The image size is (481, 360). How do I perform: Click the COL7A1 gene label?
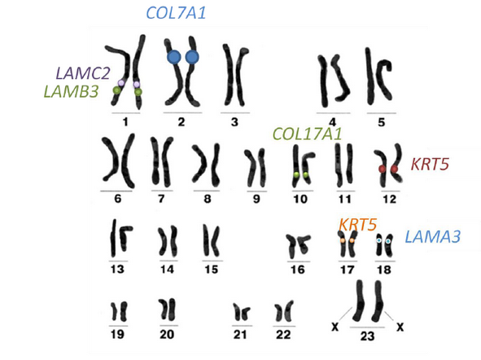(x=176, y=13)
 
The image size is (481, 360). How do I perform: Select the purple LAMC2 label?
(x=83, y=73)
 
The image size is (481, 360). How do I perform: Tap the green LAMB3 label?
(x=71, y=91)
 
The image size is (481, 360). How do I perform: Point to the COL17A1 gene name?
(x=307, y=134)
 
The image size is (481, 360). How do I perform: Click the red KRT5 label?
(x=430, y=165)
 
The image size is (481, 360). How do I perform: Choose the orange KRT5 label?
(x=358, y=225)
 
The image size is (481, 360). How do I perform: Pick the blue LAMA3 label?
(x=432, y=237)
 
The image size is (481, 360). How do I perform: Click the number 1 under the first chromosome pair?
(x=125, y=122)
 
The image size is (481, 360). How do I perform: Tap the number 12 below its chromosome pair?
(x=390, y=200)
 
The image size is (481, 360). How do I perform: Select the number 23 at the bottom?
(x=367, y=336)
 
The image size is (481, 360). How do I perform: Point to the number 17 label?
(x=348, y=270)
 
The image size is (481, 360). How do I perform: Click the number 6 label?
(x=118, y=199)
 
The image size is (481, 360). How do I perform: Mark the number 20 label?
(x=167, y=334)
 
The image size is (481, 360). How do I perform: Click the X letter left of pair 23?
(x=335, y=327)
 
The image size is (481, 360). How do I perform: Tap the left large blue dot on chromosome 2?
(x=174, y=57)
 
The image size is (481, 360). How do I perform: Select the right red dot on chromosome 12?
(x=394, y=169)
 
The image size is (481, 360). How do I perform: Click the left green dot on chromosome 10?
(x=296, y=175)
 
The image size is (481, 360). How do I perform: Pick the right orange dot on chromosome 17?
(x=352, y=240)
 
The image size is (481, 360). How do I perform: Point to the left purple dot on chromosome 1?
(x=121, y=83)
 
